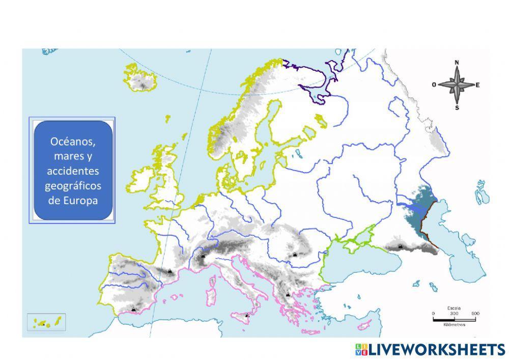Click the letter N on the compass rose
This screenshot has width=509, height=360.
[457, 63]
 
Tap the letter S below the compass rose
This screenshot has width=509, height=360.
[457, 108]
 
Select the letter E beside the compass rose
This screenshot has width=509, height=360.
[478, 85]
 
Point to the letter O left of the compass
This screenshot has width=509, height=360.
[434, 85]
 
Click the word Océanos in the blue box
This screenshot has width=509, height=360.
[73, 141]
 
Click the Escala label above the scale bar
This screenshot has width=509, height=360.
[454, 308]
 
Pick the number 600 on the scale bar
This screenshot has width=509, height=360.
[475, 313]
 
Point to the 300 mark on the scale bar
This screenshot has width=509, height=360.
[454, 313]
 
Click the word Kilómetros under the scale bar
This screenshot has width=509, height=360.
[454, 324]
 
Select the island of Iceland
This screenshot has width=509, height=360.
[140, 79]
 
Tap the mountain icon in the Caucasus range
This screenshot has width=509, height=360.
[401, 247]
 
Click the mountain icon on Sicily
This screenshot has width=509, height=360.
[247, 315]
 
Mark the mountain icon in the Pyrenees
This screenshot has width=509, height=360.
[169, 270]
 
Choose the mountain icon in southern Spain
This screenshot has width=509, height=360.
[133, 309]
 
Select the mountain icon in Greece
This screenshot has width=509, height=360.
[288, 294]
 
